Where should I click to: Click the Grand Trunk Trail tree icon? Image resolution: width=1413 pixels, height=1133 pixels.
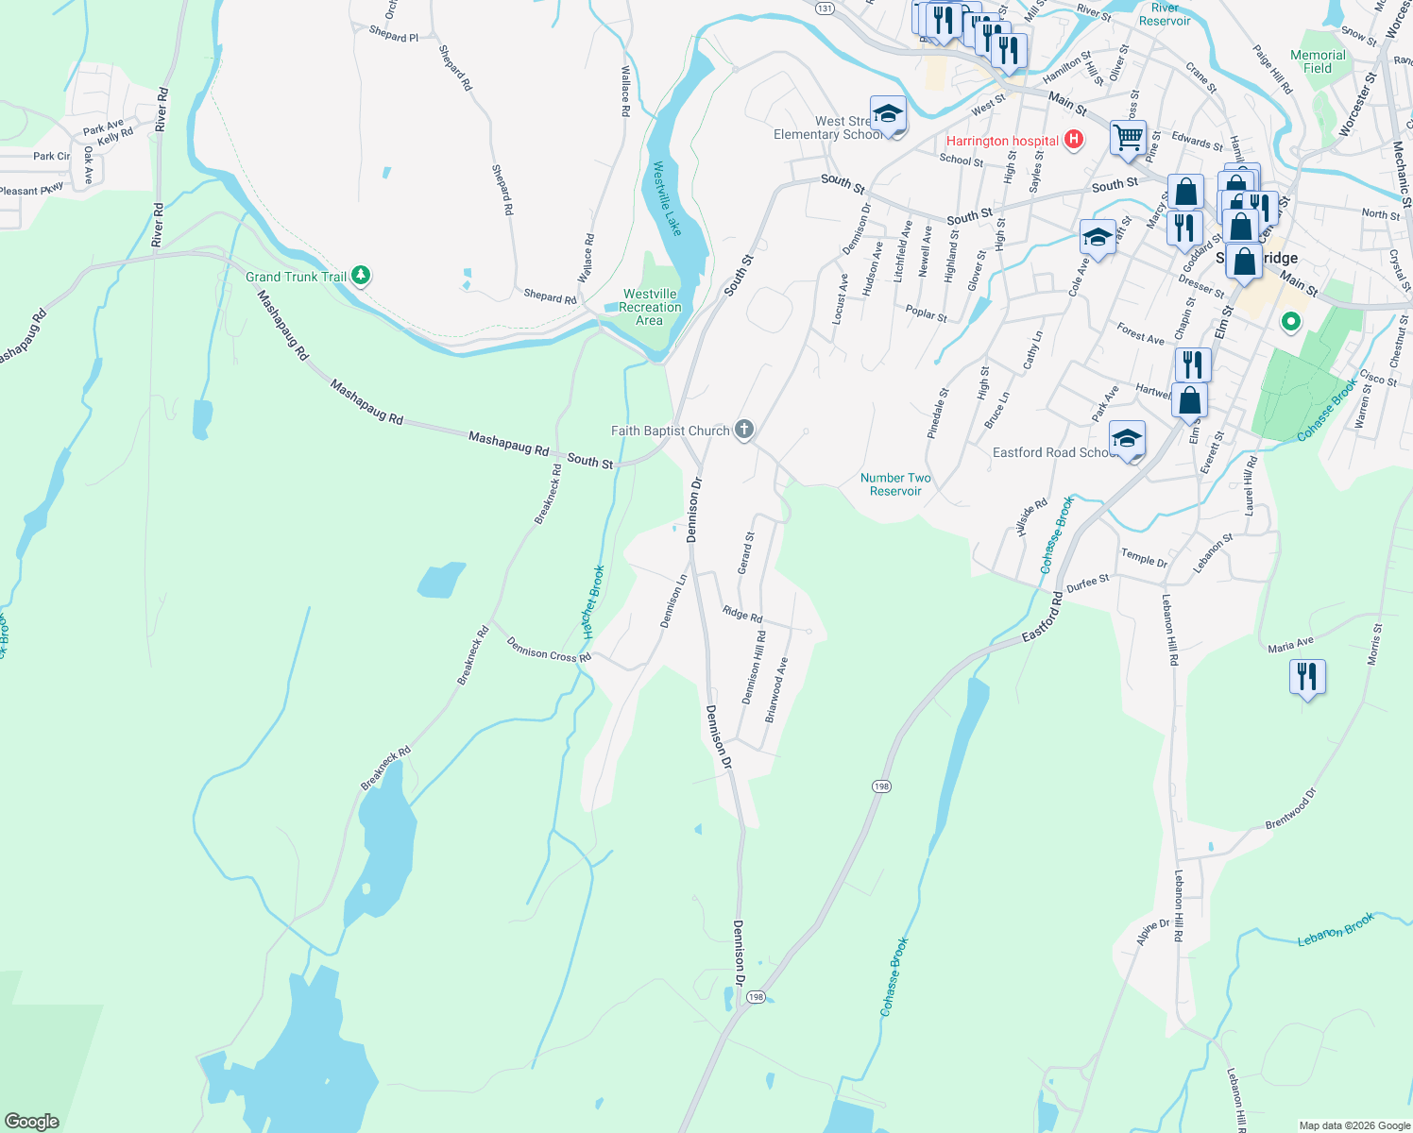(360, 276)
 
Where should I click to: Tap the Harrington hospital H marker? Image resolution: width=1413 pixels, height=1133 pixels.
(1073, 141)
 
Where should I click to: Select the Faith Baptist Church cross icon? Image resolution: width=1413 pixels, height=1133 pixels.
(744, 431)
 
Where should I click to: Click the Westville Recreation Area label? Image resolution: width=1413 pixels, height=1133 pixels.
(650, 307)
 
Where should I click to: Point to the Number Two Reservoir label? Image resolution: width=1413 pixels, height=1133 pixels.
(895, 484)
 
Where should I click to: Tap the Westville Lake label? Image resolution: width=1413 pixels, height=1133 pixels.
(667, 198)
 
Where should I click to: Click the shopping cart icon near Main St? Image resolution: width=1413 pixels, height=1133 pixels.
(1128, 138)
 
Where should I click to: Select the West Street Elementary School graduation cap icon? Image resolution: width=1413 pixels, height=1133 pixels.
(887, 115)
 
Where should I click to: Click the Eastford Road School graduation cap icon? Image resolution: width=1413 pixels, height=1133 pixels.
(1127, 439)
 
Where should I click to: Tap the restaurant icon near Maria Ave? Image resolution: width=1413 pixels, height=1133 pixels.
(1307, 677)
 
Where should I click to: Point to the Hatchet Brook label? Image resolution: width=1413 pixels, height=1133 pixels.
(592, 601)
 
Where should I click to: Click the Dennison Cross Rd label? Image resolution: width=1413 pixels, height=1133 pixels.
(548, 649)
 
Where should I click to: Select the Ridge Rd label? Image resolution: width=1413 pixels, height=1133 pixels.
(742, 614)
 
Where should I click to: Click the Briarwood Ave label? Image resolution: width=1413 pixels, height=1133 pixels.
(776, 690)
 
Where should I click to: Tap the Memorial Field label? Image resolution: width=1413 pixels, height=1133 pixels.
(1318, 61)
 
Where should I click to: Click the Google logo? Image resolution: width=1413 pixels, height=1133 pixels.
(31, 1122)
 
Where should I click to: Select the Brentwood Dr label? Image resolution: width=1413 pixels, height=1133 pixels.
(1290, 809)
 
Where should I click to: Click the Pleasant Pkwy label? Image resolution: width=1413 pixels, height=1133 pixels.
(32, 190)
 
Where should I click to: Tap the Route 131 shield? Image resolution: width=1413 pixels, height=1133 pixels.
(826, 8)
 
